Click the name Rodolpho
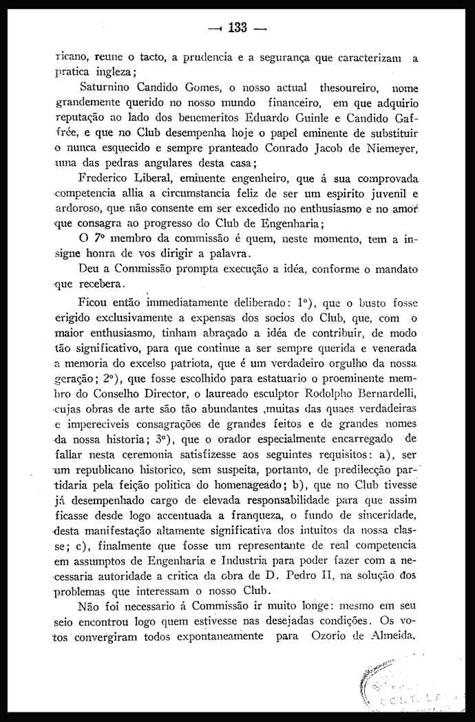pos(321,393)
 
